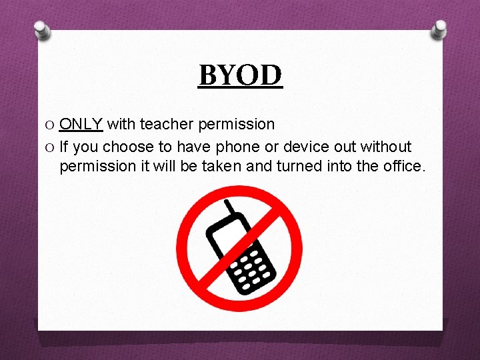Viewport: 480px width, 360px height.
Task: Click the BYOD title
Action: [241, 75]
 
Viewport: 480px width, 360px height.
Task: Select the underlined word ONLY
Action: [81, 124]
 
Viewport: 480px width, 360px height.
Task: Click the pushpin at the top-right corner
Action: [439, 29]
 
